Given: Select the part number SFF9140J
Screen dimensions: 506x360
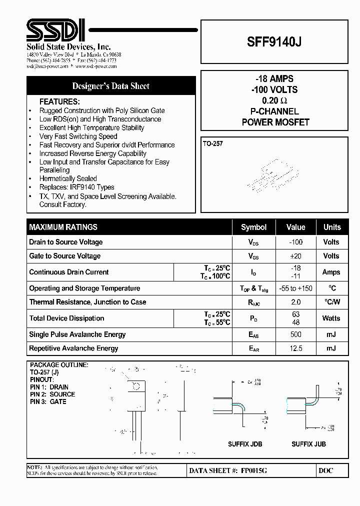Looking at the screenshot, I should pyautogui.click(x=274, y=42).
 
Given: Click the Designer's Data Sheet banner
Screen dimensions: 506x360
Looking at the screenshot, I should pyautogui.click(x=111, y=86).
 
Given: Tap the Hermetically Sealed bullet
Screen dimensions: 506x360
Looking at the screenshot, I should pyautogui.click(x=68, y=178).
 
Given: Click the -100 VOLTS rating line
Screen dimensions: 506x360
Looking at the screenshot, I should pyautogui.click(x=274, y=90).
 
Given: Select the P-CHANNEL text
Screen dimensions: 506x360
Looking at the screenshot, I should pyautogui.click(x=274, y=111).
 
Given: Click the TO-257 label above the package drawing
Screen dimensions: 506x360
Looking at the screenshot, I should pyautogui.click(x=213, y=143).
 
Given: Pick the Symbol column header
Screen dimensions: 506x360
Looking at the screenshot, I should pyautogui.click(x=253, y=227).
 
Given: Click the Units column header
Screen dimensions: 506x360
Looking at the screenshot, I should pyautogui.click(x=331, y=227).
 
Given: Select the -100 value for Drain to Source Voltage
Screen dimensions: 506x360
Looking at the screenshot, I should pyautogui.click(x=295, y=242).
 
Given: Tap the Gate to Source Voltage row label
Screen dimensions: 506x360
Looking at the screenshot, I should pyautogui.click(x=65, y=256).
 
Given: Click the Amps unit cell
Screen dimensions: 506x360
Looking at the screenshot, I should pyautogui.click(x=331, y=272).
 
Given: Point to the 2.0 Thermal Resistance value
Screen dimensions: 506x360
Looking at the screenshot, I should pyautogui.click(x=295, y=302).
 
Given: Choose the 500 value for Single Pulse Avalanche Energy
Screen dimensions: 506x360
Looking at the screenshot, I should pyautogui.click(x=295, y=334).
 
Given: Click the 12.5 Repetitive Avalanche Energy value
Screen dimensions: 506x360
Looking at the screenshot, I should pyautogui.click(x=295, y=348).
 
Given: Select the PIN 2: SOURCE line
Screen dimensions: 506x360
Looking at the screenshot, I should pyautogui.click(x=52, y=394).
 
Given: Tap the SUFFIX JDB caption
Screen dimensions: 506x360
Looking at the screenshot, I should pyautogui.click(x=245, y=444).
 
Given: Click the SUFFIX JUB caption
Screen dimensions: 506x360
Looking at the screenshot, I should pyautogui.click(x=308, y=444).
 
